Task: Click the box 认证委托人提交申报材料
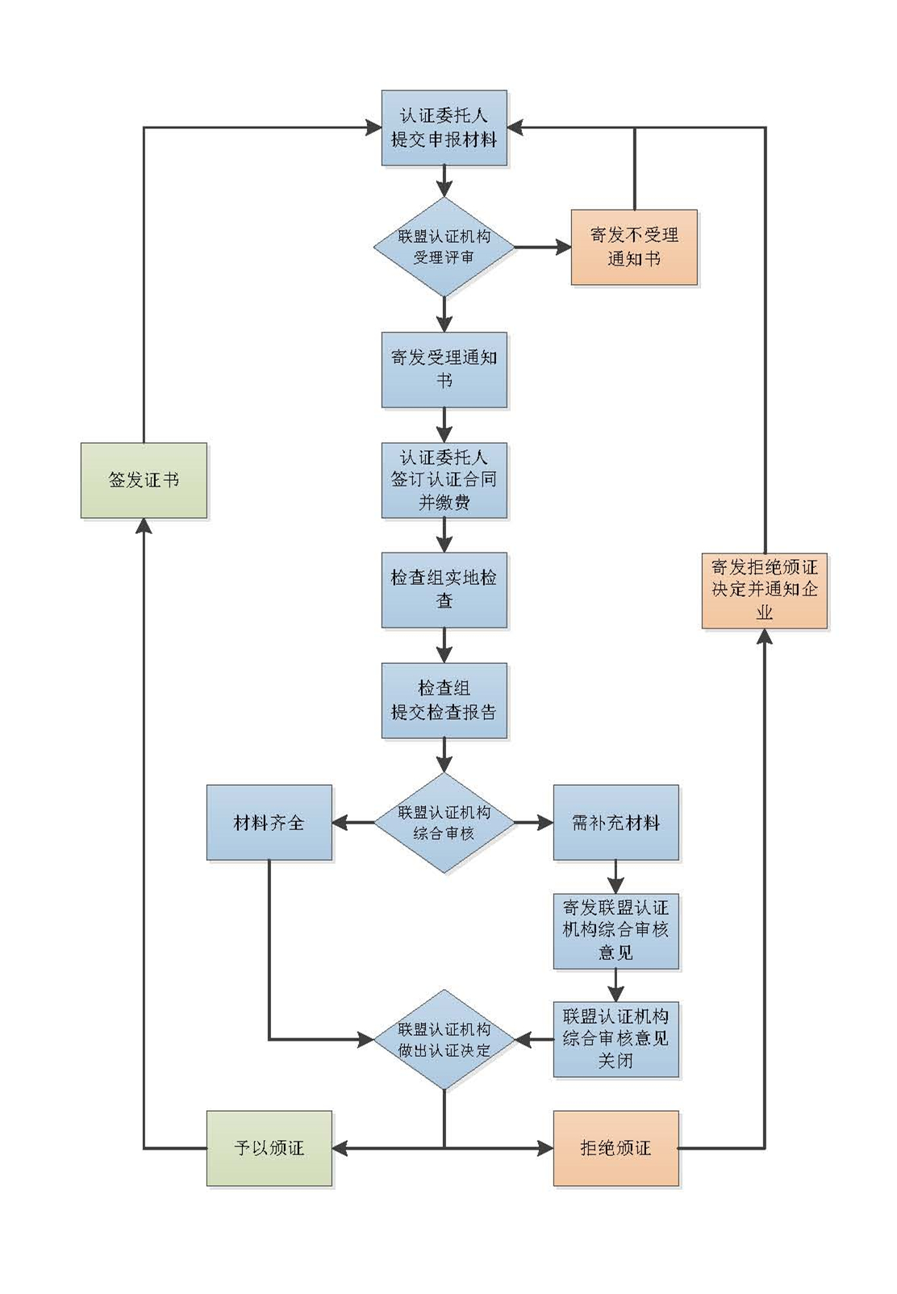point(444,127)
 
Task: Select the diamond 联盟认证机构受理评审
point(444,247)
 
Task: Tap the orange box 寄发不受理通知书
point(634,247)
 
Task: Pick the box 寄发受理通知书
point(444,369)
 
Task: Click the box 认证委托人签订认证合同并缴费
point(444,480)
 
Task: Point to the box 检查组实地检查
point(444,590)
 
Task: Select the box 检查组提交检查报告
point(444,700)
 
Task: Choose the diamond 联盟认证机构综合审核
point(444,823)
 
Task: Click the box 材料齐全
point(269,823)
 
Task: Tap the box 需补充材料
point(615,823)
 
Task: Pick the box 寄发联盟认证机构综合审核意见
point(615,930)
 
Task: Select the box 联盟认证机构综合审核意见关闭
point(615,1039)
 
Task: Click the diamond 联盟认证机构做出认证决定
point(444,1040)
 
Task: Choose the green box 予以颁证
point(269,1148)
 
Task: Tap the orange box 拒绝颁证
point(615,1148)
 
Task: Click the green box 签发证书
point(144,480)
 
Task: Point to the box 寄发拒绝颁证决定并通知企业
point(764,590)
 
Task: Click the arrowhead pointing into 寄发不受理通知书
point(562,247)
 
